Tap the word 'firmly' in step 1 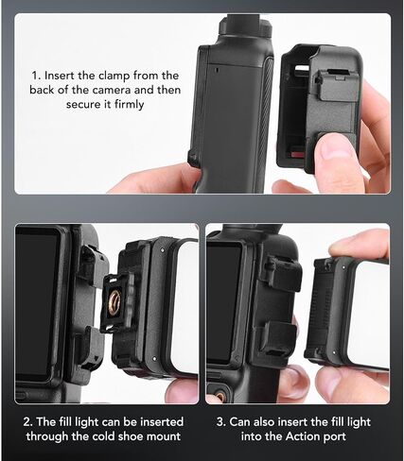click(129, 104)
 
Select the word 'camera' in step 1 click(112, 91)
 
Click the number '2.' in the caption click(28, 421)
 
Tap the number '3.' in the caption click(221, 421)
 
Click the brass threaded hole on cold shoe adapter click(114, 301)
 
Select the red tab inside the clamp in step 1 click(296, 154)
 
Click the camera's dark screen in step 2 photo click(36, 304)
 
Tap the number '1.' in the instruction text click(36, 76)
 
